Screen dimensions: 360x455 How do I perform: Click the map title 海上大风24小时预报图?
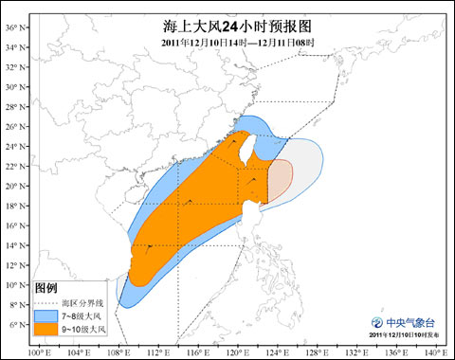click(x=227, y=26)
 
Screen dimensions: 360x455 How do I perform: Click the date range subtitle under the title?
click(x=227, y=44)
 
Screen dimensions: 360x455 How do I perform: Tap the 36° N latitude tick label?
click(x=12, y=27)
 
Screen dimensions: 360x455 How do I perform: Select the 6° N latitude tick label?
click(x=12, y=325)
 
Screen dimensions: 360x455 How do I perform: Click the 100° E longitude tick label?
click(x=38, y=353)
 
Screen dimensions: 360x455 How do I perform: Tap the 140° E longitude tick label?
click(x=435, y=353)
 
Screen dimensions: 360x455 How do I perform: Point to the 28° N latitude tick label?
click(x=12, y=106)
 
